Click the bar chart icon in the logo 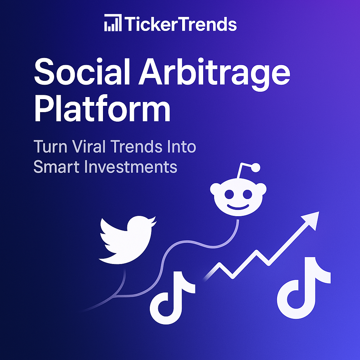(x=112, y=24)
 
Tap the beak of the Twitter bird (x=153, y=221)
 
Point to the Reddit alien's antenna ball (x=256, y=168)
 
